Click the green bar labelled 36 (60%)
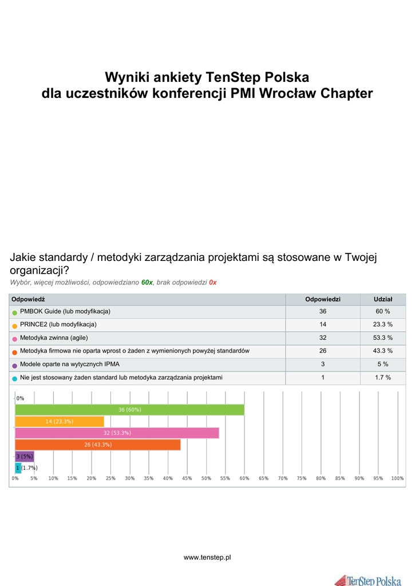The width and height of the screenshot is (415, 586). coord(129,410)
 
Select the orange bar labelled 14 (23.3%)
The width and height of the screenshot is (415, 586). coord(60,421)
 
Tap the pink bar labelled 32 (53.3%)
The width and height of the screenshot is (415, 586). coord(117,433)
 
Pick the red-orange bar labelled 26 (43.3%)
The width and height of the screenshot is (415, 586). coord(97,445)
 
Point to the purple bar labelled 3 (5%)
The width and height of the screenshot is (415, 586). coord(25,456)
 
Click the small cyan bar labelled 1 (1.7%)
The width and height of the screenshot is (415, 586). coord(18,468)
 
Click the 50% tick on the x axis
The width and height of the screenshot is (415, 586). coord(206,478)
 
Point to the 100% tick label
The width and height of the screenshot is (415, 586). coord(397,478)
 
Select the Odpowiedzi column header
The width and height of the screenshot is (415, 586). coord(323,299)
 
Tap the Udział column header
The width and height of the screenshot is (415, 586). coord(383,299)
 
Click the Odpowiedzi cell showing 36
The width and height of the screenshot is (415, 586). coord(323,311)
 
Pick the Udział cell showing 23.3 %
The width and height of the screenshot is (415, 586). coord(383,324)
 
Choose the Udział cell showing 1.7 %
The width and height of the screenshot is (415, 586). coord(383,378)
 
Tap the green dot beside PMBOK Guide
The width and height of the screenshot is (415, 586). coord(15,312)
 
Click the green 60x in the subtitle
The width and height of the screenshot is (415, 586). coord(147,283)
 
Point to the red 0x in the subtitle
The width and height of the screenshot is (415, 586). coord(212,283)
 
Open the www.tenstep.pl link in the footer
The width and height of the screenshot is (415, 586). coord(207,557)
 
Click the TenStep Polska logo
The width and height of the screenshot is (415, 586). coord(368,579)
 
